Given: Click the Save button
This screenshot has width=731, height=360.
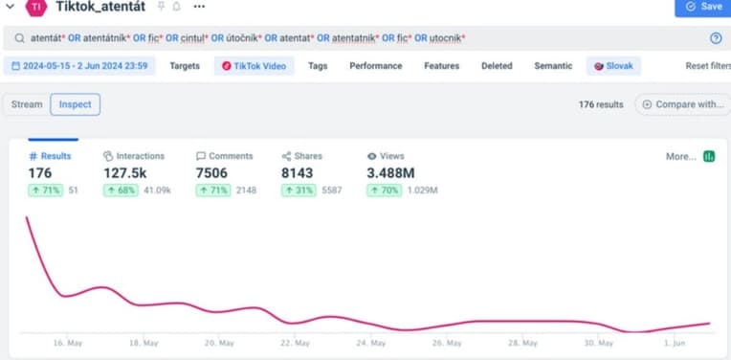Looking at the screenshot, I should (702, 7).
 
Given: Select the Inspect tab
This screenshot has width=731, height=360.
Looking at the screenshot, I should (75, 104).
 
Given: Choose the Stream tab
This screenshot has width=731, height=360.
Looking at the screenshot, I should (27, 104).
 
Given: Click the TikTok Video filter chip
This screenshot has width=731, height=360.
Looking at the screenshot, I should (254, 66).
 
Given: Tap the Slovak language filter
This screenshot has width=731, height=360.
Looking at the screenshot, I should (613, 66).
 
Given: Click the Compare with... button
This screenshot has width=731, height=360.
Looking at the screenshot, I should (682, 104).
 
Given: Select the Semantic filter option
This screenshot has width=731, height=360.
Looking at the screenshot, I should (553, 66).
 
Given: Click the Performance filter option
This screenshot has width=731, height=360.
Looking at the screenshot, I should (375, 66).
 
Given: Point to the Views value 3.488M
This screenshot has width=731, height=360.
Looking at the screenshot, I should (390, 173).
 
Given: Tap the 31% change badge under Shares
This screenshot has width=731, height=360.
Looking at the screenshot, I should (298, 191).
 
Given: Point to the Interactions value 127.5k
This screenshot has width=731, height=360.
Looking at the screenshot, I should (124, 173).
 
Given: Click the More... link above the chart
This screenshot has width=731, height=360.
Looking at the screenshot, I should (680, 156).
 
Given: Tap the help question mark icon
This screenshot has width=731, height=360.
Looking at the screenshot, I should (716, 38).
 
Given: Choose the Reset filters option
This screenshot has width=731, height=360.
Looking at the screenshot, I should (707, 66).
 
